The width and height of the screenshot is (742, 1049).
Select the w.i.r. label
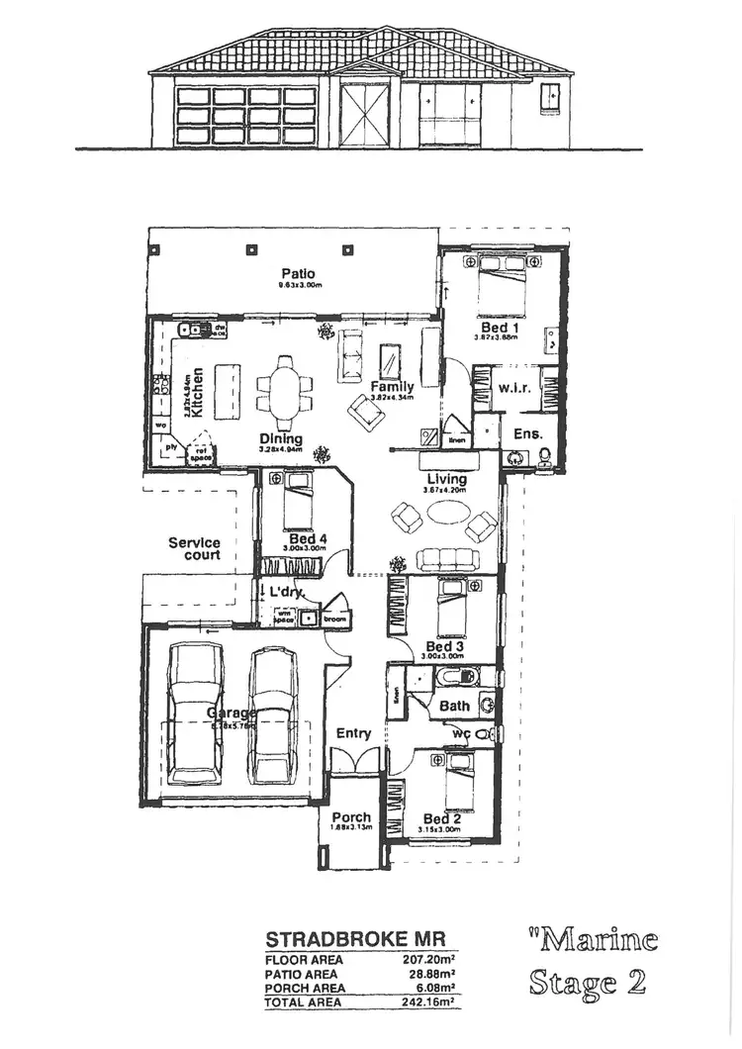514,388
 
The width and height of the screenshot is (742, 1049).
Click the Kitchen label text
198,392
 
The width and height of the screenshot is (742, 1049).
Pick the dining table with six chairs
286,386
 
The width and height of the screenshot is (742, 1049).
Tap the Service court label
194,548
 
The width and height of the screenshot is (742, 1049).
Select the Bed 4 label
306,539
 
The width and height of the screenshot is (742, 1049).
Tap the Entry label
353,733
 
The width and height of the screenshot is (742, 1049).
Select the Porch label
351,817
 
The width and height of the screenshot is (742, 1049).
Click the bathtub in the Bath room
454,678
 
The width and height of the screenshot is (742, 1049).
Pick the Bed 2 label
441,818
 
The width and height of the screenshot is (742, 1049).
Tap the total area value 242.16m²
426,1002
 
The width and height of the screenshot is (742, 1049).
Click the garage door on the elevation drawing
245,116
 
